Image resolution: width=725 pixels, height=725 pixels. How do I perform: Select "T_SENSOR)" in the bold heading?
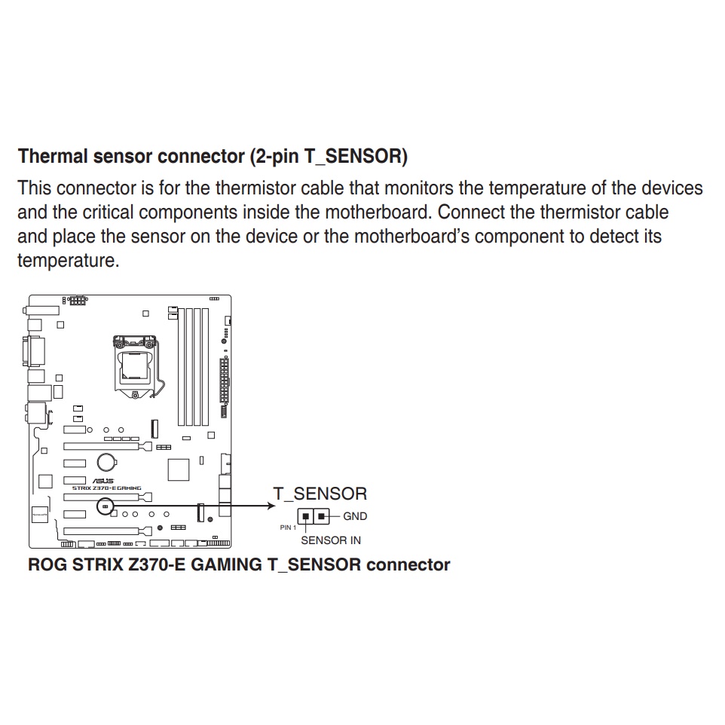tap(356, 157)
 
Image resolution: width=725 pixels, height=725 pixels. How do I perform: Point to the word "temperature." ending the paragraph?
tap(68, 261)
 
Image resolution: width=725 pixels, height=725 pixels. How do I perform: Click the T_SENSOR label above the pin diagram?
tap(320, 494)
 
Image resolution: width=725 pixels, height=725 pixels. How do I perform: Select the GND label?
tap(355, 516)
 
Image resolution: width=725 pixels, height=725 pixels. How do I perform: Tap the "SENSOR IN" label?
tap(330, 540)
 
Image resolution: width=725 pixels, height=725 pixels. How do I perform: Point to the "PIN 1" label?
tap(288, 528)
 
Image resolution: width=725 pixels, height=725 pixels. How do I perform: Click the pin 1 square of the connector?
tap(305, 517)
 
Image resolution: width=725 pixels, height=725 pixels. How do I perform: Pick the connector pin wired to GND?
tap(323, 517)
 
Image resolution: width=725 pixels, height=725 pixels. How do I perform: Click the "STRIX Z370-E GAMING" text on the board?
tap(106, 488)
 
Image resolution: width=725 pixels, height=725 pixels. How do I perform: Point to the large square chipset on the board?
tap(178, 469)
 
